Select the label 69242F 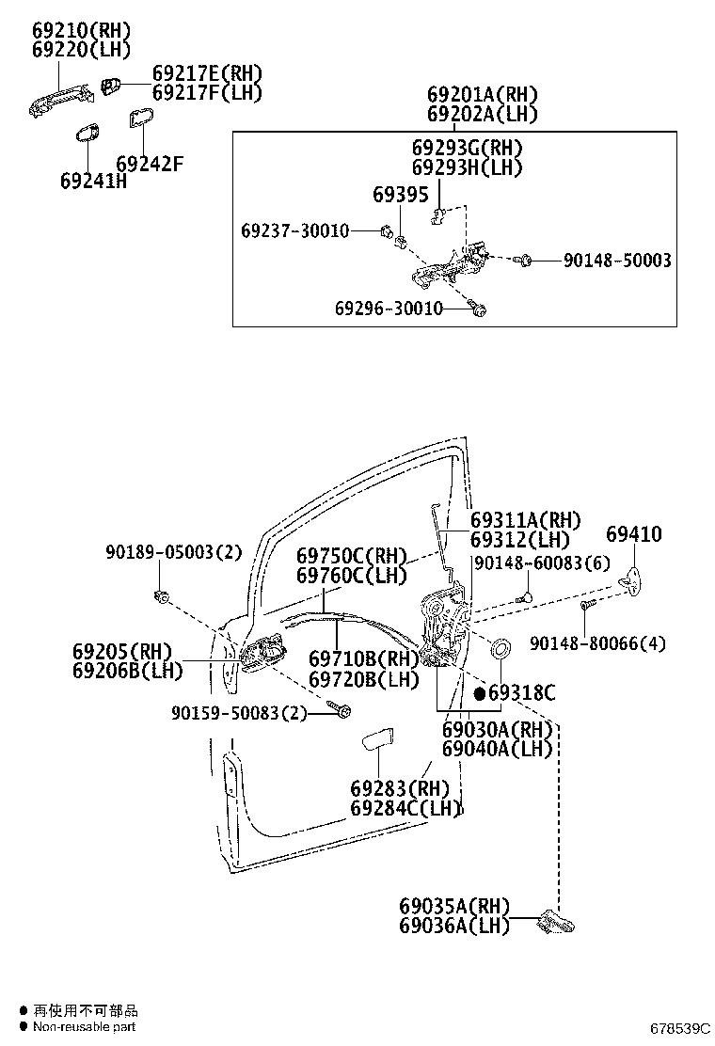click(149, 165)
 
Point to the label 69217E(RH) click(207, 73)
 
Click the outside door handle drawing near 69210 click(60, 98)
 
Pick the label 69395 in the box click(400, 195)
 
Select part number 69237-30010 click(294, 230)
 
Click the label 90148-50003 click(617, 260)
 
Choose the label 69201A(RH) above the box click(482, 95)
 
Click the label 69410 click(633, 534)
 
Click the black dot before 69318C click(479, 693)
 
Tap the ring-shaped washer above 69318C click(500, 648)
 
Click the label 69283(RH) click(400, 788)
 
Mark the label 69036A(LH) click(453, 926)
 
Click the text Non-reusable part click(85, 1026)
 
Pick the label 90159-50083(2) click(240, 713)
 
